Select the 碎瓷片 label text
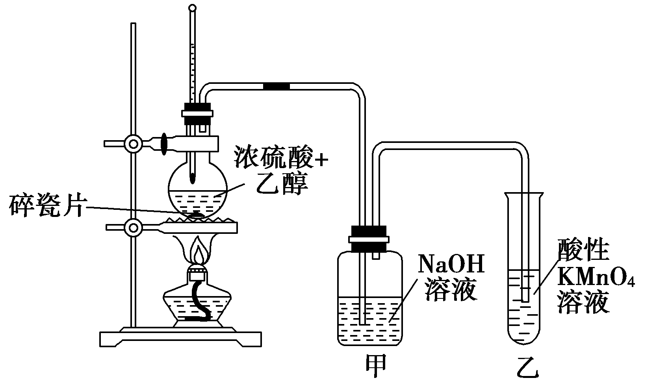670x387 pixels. pyautogui.click(x=46, y=206)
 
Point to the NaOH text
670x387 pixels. pyautogui.click(x=450, y=265)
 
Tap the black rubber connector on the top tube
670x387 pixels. pyautogui.click(x=276, y=86)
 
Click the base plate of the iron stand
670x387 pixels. pyautogui.click(x=180, y=337)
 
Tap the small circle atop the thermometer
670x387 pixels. pyautogui.click(x=192, y=7)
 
